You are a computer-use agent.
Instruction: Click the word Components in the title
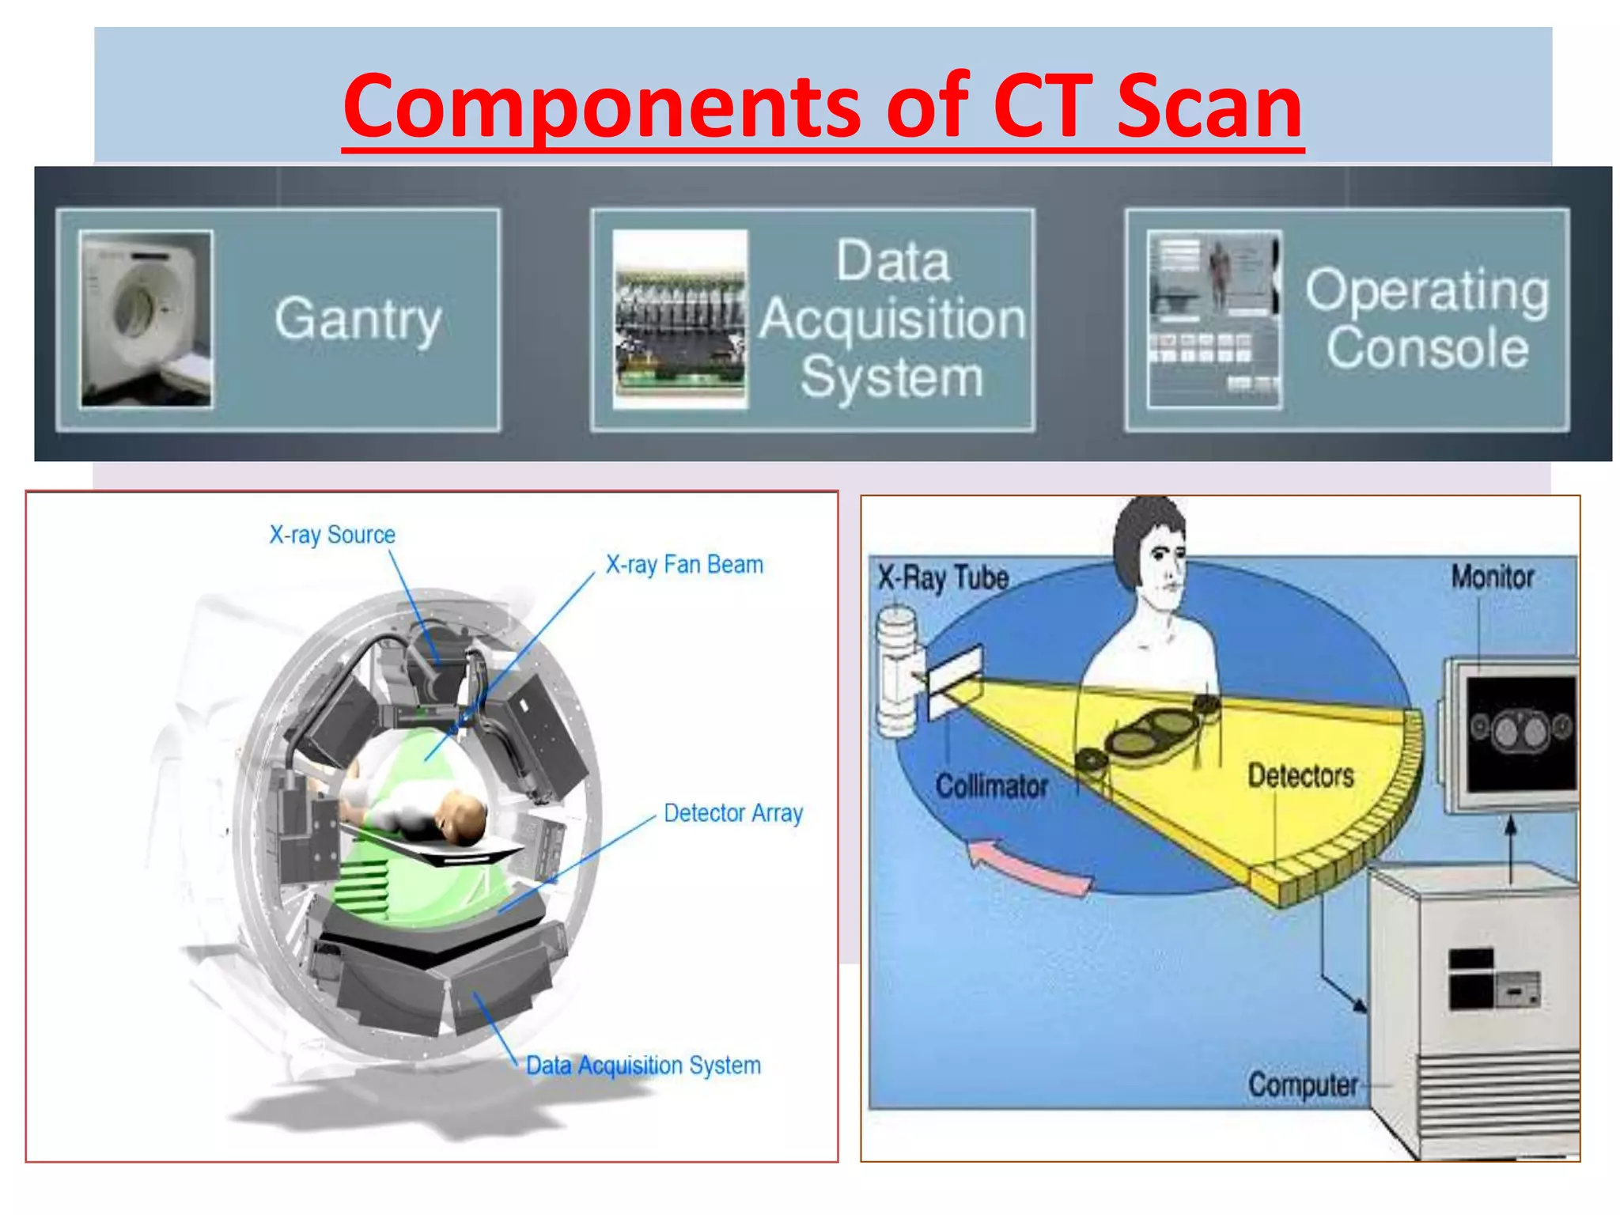tap(601, 107)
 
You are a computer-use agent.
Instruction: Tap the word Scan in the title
tap(1209, 107)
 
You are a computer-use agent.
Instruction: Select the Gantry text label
tap(358, 319)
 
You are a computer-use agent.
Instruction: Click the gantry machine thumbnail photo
tap(146, 319)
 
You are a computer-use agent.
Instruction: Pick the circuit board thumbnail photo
tap(680, 319)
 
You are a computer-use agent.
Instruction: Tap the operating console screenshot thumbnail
tap(1214, 319)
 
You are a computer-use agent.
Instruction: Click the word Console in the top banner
tap(1427, 348)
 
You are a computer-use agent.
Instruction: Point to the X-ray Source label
tap(332, 535)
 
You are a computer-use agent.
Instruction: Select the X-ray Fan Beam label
tap(684, 565)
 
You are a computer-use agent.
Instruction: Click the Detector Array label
tap(732, 813)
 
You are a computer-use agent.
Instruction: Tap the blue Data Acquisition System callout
tap(643, 1065)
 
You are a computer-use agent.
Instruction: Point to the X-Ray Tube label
tap(943, 577)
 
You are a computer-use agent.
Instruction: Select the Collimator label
tap(991, 786)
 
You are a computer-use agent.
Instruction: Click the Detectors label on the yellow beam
tap(1300, 776)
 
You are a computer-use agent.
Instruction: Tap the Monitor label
tap(1492, 577)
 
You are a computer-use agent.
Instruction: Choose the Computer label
tap(1302, 1084)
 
